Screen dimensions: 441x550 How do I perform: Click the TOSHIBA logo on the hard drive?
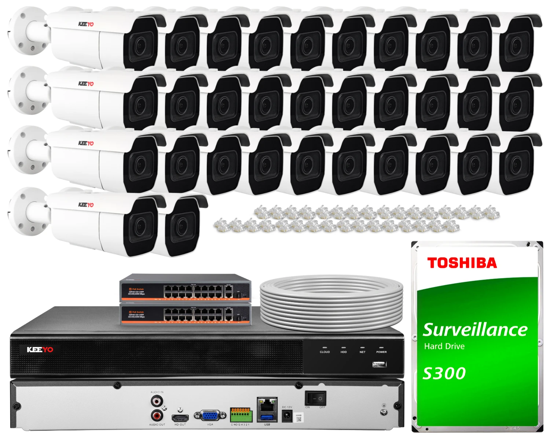tap(462, 263)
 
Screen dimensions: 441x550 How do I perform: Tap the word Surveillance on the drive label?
tap(475, 329)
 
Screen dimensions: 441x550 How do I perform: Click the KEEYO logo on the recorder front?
tap(40, 350)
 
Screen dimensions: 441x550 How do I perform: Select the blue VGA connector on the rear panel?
tap(210, 416)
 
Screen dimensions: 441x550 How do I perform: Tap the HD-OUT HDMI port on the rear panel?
tap(180, 418)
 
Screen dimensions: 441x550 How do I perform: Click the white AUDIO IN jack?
tap(157, 401)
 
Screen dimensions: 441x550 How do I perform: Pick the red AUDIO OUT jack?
tap(157, 415)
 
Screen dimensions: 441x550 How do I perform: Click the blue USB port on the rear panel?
tap(267, 417)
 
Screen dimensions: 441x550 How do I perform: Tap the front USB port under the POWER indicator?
tap(379, 364)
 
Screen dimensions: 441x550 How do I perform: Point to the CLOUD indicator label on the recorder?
tap(324, 352)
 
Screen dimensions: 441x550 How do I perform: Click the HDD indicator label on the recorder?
tap(344, 352)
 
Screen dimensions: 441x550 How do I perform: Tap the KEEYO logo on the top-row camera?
tap(86, 24)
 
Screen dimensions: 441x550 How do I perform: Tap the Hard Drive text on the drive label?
tap(444, 346)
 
